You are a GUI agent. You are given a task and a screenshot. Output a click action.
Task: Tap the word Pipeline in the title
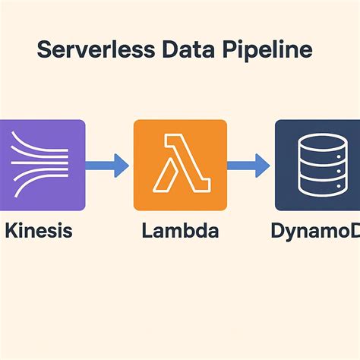(262, 52)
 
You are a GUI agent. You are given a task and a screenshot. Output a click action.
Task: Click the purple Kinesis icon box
(42, 164)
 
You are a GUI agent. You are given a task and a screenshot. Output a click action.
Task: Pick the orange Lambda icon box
(179, 164)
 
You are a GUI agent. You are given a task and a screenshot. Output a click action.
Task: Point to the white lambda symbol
(179, 164)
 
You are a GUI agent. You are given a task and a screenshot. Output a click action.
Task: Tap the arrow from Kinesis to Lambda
(106, 163)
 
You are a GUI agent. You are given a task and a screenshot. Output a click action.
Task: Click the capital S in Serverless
(44, 51)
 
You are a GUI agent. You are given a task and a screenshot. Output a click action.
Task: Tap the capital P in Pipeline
(228, 51)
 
